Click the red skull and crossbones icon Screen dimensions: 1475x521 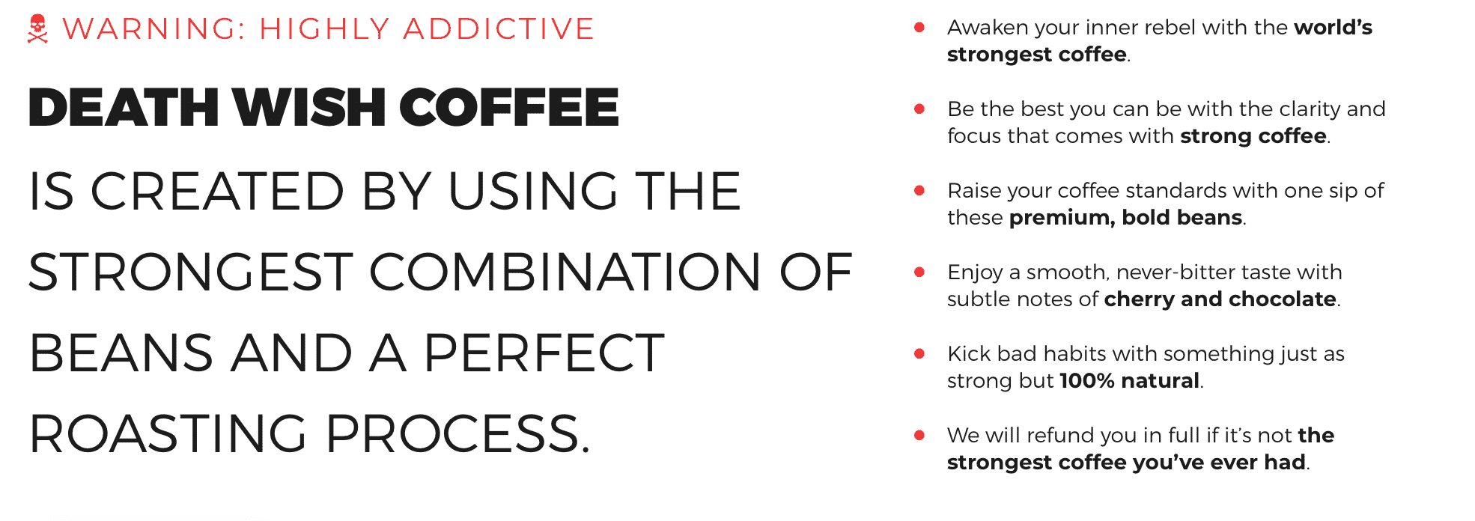click(x=37, y=29)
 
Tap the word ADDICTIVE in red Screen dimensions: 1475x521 click(x=499, y=29)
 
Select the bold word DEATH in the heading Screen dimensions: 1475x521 click(x=124, y=106)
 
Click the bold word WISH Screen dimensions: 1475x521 click(x=308, y=106)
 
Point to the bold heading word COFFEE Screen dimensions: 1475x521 click(x=509, y=106)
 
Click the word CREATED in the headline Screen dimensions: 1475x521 click(x=217, y=191)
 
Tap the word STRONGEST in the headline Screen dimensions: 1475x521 click(x=191, y=272)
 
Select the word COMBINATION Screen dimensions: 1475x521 click(x=565, y=272)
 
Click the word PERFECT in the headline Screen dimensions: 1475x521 click(x=544, y=353)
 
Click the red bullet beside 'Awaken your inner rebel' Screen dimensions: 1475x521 click(x=919, y=28)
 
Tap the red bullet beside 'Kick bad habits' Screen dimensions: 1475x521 click(x=919, y=354)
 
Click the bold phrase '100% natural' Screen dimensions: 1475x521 click(x=1129, y=381)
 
